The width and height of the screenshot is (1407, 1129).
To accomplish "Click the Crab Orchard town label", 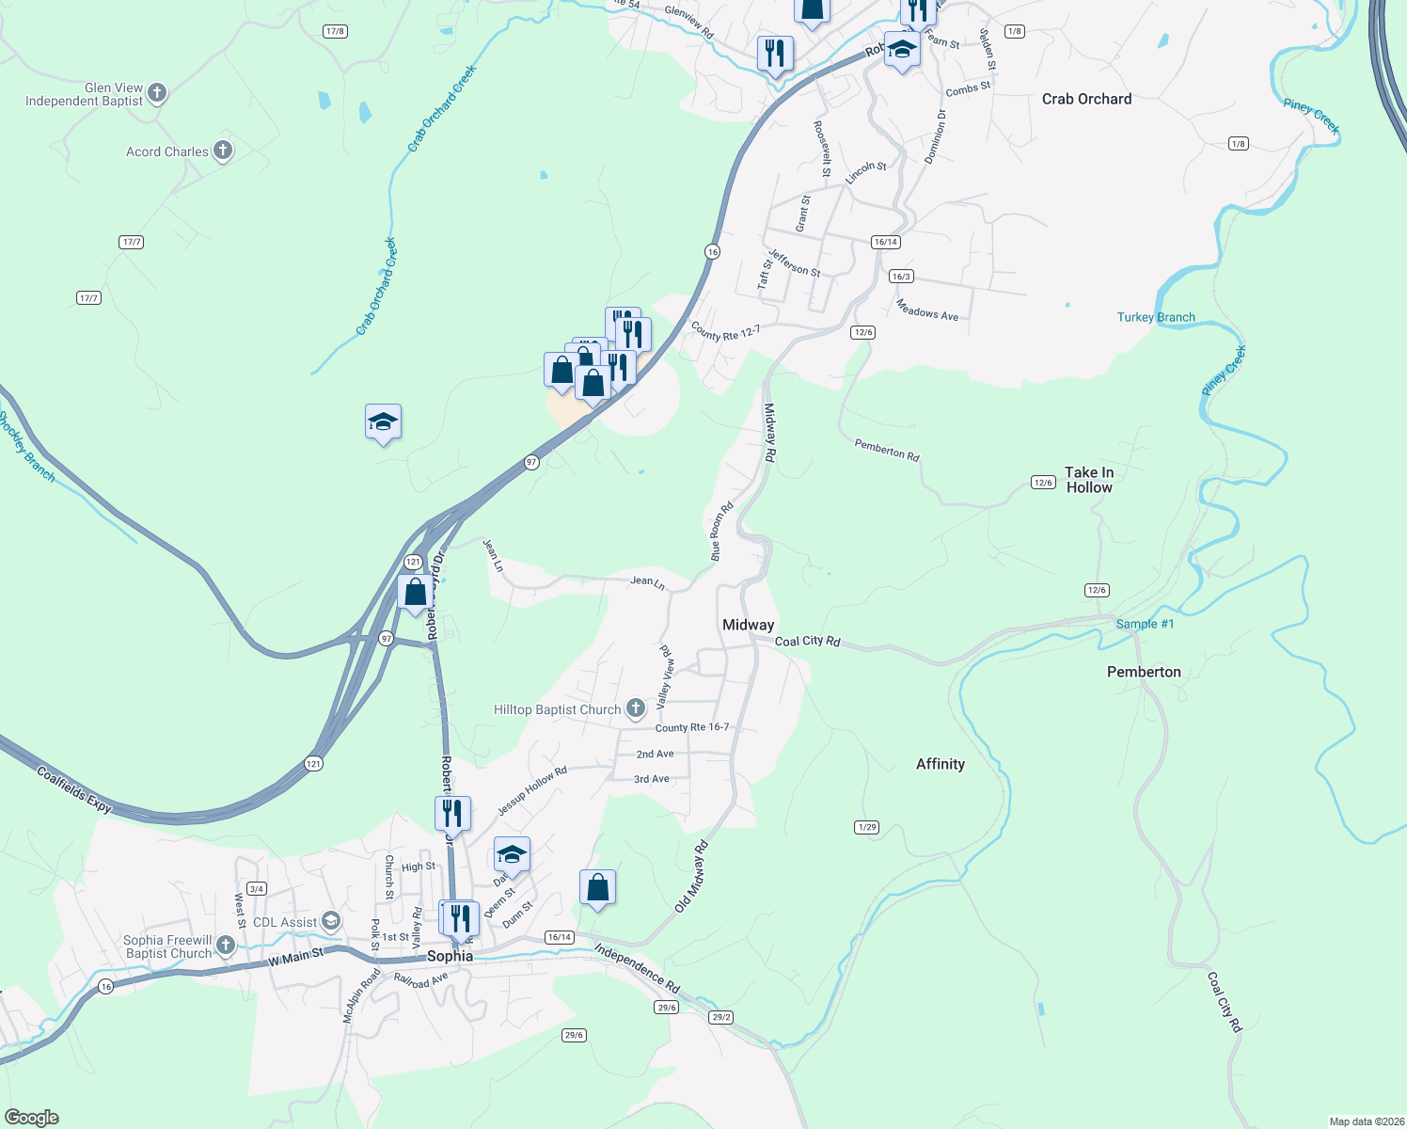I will pyautogui.click(x=1086, y=99).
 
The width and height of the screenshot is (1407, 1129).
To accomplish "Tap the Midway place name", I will pyautogui.click(x=748, y=625).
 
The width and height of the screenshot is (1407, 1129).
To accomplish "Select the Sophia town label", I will pyautogui.click(x=450, y=956).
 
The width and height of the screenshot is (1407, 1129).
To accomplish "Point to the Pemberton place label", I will pyautogui.click(x=1144, y=672).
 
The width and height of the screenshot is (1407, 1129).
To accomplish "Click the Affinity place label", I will pyautogui.click(x=940, y=764).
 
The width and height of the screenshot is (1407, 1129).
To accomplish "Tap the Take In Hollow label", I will pyautogui.click(x=1089, y=480).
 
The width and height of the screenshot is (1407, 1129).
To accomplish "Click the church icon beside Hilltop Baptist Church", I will pyautogui.click(x=636, y=708).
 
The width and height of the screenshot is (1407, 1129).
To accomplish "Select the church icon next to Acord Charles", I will pyautogui.click(x=223, y=151).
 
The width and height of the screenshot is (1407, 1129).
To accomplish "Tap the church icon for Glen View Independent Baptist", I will pyautogui.click(x=157, y=92).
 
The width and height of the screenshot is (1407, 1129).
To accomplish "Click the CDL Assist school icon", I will pyautogui.click(x=330, y=920).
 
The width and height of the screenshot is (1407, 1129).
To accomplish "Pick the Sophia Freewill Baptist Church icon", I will pyautogui.click(x=225, y=945).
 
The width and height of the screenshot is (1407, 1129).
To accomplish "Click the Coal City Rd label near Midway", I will pyautogui.click(x=807, y=641).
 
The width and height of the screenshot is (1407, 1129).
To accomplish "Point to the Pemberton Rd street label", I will pyautogui.click(x=886, y=450).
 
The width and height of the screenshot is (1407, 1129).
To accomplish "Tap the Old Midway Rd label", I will pyautogui.click(x=691, y=877).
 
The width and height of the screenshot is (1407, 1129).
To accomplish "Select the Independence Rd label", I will pyautogui.click(x=637, y=969).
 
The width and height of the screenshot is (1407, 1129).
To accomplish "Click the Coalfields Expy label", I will pyautogui.click(x=74, y=789).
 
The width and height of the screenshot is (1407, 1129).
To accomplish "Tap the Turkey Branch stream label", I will pyautogui.click(x=1156, y=317).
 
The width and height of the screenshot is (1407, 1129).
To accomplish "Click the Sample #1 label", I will pyautogui.click(x=1145, y=624).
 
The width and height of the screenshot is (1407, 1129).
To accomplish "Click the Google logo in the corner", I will pyautogui.click(x=31, y=1117).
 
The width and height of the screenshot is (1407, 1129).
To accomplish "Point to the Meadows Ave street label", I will pyautogui.click(x=926, y=310).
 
